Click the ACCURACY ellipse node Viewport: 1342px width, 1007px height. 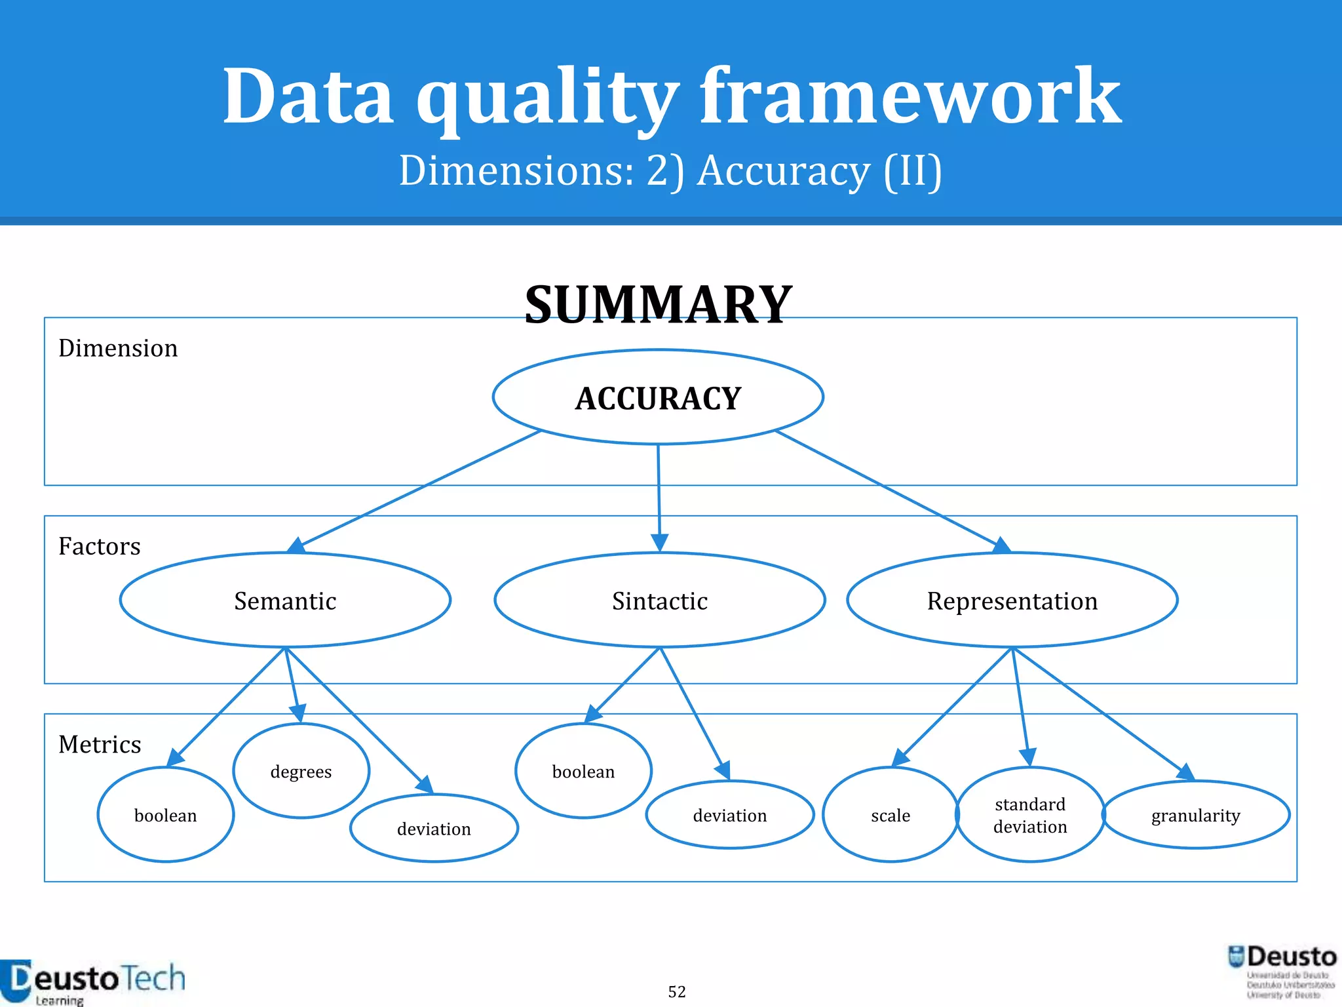click(658, 397)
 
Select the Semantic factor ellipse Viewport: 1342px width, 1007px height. click(285, 601)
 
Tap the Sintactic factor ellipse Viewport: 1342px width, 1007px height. click(660, 601)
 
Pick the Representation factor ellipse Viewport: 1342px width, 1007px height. click(1012, 601)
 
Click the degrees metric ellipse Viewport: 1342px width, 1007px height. click(301, 771)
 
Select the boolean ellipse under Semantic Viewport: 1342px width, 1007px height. click(165, 815)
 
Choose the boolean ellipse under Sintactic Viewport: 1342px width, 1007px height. click(583, 771)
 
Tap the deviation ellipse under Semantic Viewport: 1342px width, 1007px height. click(434, 829)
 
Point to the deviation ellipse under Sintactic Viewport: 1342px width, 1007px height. click(730, 815)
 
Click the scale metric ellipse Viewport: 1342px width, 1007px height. click(891, 815)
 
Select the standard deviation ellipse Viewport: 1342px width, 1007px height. click(1030, 815)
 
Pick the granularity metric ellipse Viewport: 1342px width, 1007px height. click(1196, 815)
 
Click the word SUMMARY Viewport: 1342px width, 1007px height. click(659, 305)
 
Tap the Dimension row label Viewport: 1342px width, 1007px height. click(118, 348)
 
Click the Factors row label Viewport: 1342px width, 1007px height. click(100, 546)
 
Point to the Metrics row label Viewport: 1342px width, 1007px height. click(100, 744)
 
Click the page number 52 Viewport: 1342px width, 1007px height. click(677, 992)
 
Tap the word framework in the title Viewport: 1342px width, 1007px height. click(911, 97)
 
